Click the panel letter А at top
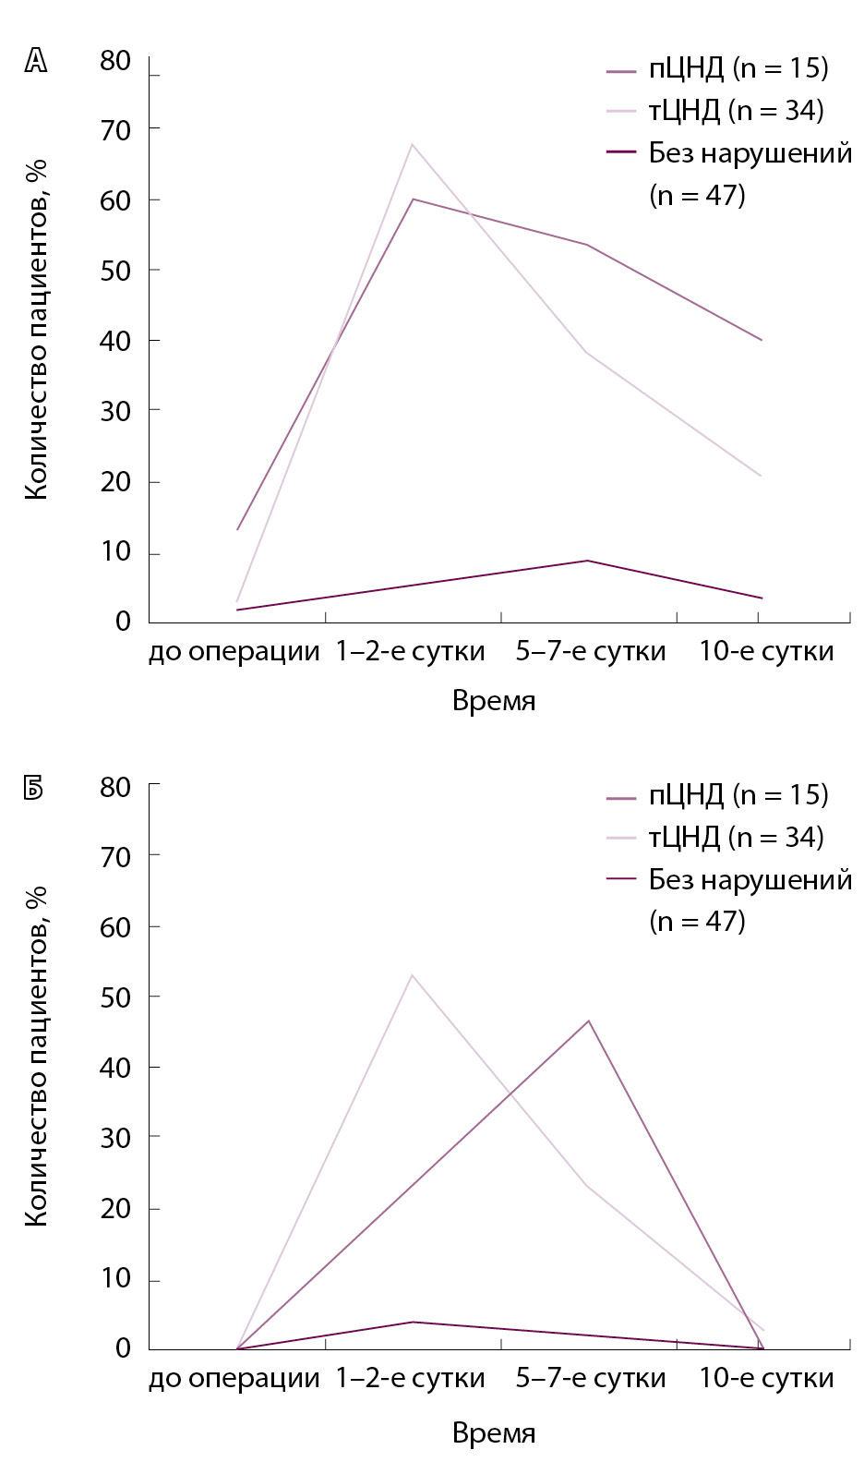point(36,61)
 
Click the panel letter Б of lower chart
point(35,788)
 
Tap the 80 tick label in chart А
point(115,61)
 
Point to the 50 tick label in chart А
point(115,271)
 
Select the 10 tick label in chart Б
point(115,1279)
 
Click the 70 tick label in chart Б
point(115,857)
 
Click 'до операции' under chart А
point(234,652)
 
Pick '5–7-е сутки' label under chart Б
point(591,1379)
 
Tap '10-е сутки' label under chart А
point(766,652)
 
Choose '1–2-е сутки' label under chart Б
point(410,1379)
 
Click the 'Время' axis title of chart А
point(494,701)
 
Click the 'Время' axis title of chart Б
point(494,1433)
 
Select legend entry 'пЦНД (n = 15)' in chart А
point(738,68)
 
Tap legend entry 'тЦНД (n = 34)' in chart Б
point(736,838)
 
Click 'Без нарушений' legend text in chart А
point(750,153)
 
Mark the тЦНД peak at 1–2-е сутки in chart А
point(412,144)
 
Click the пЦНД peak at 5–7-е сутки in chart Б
point(588,1021)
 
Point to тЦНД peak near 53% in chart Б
point(412,975)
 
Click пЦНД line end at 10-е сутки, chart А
point(762,340)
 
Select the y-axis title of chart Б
point(36,1057)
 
